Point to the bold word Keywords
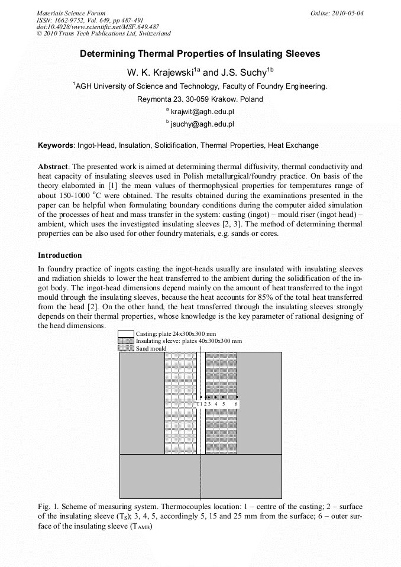coord(56,145)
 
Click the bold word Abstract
coord(53,167)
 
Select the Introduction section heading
coord(60,255)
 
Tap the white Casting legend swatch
coord(126,334)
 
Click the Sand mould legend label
coord(151,348)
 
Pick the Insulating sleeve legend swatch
coord(126,341)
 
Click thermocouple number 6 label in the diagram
coord(236,404)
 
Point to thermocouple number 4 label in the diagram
coord(215,404)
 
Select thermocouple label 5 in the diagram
coord(224,404)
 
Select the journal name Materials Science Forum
coord(71,13)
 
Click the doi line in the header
coord(98,27)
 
